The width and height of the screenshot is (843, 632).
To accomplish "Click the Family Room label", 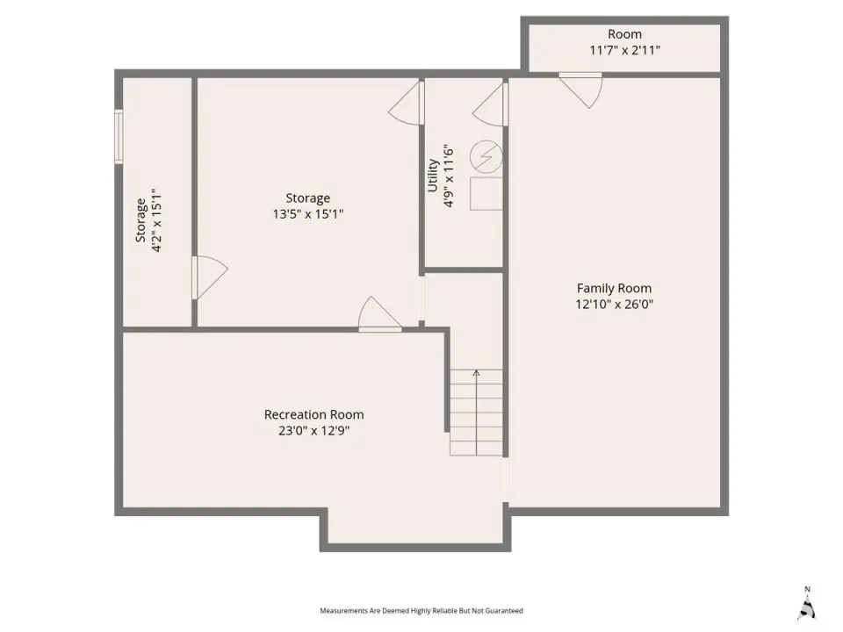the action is click(614, 288).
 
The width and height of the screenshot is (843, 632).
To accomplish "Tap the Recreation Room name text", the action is click(314, 414).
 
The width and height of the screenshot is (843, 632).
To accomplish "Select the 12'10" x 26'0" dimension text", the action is click(614, 305).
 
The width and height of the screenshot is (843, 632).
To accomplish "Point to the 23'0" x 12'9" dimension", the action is click(314, 430).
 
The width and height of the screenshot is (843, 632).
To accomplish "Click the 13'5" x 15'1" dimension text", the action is click(308, 214).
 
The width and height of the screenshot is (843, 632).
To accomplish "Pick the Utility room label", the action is click(433, 176).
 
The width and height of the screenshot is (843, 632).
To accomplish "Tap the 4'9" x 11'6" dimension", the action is click(449, 176).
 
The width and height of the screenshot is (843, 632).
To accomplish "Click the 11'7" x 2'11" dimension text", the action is click(624, 50).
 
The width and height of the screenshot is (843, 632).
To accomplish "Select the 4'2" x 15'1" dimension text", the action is click(156, 219).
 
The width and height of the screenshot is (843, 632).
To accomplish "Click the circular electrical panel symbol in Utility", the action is click(486, 157).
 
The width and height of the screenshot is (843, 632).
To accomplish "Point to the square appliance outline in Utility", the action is click(486, 193).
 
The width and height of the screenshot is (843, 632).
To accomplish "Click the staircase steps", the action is click(476, 413).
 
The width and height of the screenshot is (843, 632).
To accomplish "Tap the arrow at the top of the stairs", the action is click(476, 373).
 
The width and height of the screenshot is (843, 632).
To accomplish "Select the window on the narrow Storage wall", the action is click(119, 137).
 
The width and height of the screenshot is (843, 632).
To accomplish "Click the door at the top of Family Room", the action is click(580, 90).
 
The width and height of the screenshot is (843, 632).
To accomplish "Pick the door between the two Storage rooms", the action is click(210, 277).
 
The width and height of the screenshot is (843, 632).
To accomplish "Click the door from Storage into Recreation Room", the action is click(379, 314).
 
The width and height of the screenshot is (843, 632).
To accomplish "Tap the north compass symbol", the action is click(807, 604).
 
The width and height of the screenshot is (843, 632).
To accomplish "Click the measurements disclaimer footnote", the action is click(421, 611).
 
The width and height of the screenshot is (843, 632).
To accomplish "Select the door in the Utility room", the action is click(490, 105).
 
